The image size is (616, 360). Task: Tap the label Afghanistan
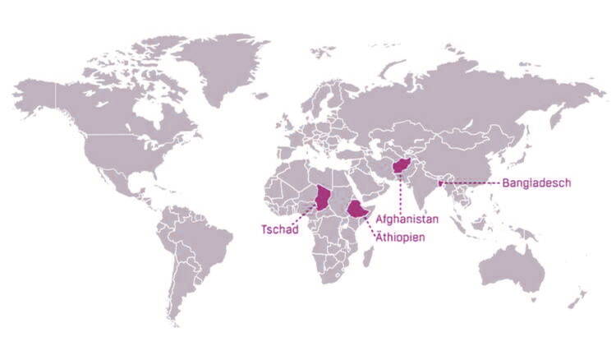click(x=407, y=219)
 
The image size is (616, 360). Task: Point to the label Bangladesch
click(x=536, y=183)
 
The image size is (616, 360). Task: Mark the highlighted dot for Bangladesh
click(x=441, y=182)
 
